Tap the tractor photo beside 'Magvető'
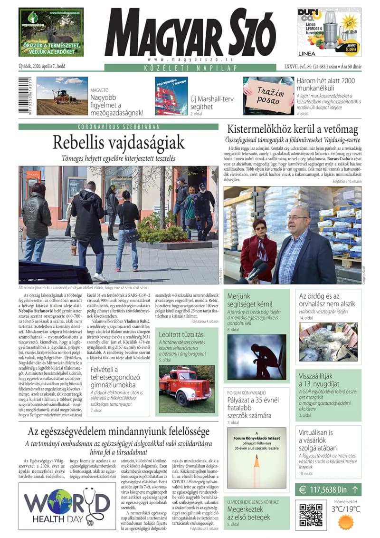click(62, 96)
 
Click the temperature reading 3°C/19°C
click(346, 509)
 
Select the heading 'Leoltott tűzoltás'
click(181, 334)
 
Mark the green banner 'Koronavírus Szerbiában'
click(118, 127)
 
